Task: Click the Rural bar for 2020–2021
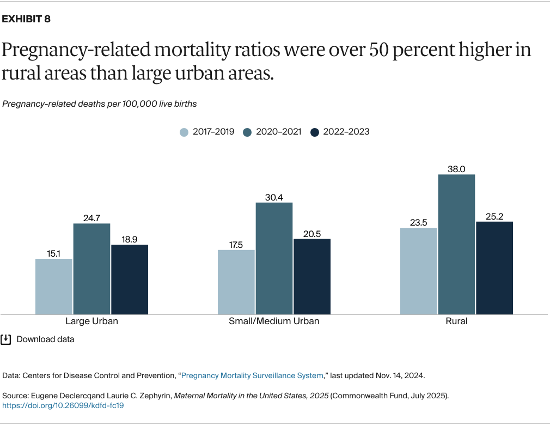pos(456,244)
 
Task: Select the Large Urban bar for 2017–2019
pos(54,286)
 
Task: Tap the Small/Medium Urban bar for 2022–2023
pos(312,276)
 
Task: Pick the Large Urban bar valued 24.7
pos(91,269)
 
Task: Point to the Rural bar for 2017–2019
pos(419,271)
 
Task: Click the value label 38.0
pos(456,169)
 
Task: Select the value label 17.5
pos(236,245)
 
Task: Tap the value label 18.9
pos(130,239)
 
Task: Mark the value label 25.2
pos(494,216)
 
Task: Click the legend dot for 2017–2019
pos(184,132)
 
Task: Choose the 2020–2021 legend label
pos(278,132)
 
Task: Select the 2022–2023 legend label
pos(346,132)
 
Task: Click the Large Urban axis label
pos(91,321)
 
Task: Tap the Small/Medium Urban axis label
pos(274,321)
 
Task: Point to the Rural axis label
pos(456,321)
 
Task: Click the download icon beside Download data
pos(6,339)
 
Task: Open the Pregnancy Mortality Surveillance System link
pos(252,375)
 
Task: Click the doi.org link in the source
pos(63,405)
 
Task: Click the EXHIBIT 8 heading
pos(27,19)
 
